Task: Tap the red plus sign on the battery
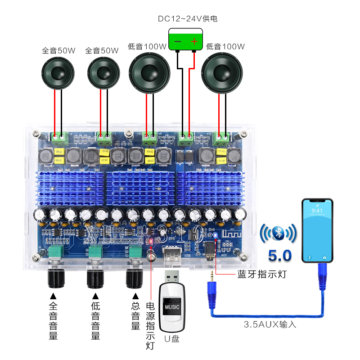[x=194, y=42]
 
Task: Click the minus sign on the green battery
[x=178, y=42]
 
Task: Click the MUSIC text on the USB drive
[x=171, y=307]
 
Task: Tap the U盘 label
[x=171, y=338]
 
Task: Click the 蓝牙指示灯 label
[x=261, y=274]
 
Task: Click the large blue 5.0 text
[x=279, y=256]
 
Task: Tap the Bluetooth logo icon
[x=278, y=233]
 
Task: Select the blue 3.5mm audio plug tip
[x=210, y=275]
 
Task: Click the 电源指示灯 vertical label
[x=150, y=326]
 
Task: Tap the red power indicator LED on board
[x=151, y=242]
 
